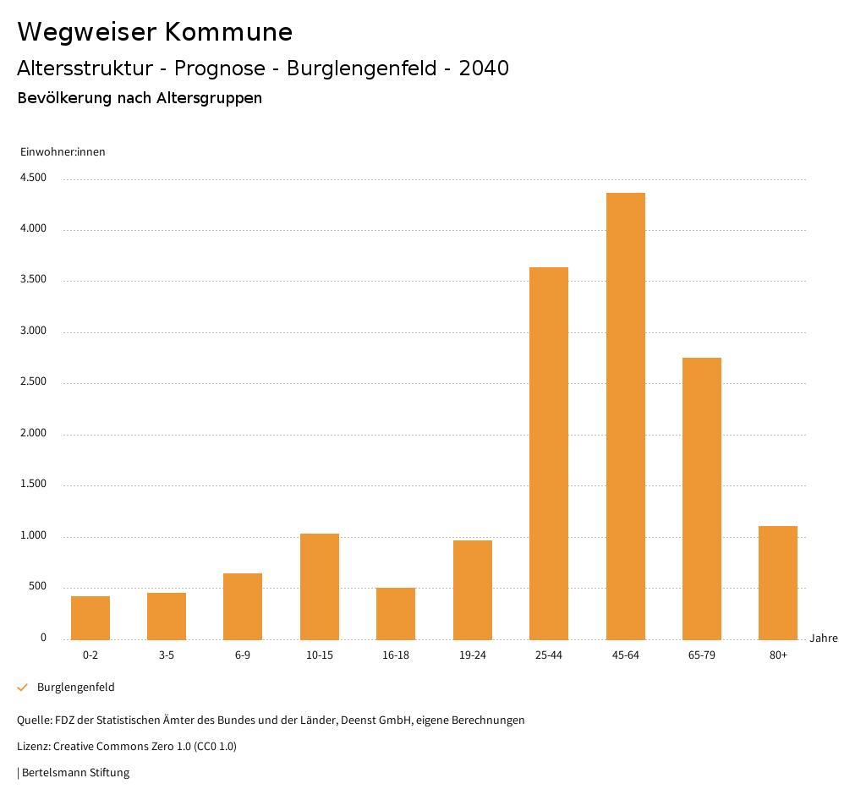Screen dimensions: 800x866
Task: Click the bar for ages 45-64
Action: (x=625, y=416)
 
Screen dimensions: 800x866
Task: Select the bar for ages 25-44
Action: (x=549, y=453)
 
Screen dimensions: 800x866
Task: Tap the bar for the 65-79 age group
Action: (x=701, y=498)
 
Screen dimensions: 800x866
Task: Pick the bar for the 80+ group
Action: (x=778, y=583)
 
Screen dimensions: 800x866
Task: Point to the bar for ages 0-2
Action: (x=90, y=617)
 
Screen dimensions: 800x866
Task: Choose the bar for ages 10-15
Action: (x=320, y=586)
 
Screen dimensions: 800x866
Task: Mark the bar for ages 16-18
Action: (x=396, y=613)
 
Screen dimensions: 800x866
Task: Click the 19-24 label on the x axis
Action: (x=472, y=655)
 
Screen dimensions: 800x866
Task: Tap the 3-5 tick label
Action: (x=167, y=655)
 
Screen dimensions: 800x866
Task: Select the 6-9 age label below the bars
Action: (x=243, y=655)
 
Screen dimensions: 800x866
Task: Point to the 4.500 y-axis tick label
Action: (x=33, y=178)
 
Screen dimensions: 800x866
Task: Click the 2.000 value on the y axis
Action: (x=33, y=434)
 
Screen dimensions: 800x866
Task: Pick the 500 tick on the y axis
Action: (x=36, y=587)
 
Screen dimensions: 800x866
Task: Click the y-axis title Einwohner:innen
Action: (x=63, y=152)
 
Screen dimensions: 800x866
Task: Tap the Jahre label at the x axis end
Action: (x=823, y=638)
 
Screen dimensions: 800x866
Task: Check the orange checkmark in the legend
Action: (x=23, y=688)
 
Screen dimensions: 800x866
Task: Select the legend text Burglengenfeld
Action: (x=75, y=688)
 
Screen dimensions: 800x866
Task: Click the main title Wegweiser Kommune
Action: (x=155, y=32)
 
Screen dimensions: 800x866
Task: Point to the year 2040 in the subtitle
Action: (x=484, y=68)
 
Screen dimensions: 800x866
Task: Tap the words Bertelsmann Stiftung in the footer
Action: (x=75, y=772)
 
